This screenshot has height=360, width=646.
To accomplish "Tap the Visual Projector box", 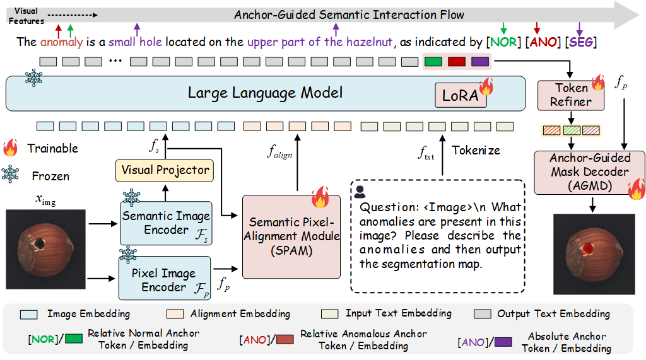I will coord(165,170).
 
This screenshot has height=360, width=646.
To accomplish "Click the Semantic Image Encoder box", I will coord(166,223).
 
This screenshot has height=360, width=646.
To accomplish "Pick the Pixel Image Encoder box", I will coord(166,280).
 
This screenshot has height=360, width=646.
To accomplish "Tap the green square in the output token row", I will coord(433,62).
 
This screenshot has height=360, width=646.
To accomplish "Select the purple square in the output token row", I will coord(479,62).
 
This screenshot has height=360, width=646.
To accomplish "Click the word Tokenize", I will coord(476,150).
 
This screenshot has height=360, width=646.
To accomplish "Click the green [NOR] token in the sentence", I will coord(503,42).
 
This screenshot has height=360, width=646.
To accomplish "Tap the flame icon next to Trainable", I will coord(11,148).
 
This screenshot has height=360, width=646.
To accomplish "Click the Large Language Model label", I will coord(265,93).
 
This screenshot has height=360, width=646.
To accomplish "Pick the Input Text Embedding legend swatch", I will coord(330,313).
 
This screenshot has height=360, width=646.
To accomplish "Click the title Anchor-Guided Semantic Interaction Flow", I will coord(349,15).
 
